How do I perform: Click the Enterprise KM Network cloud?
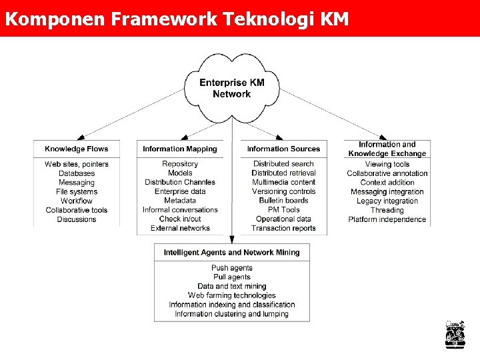(231, 88)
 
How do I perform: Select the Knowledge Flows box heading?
(76, 149)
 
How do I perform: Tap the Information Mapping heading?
(180, 149)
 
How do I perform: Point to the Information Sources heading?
(283, 149)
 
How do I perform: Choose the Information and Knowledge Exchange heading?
(387, 149)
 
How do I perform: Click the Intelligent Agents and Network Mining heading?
(231, 253)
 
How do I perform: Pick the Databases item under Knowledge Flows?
(77, 173)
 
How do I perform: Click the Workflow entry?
(77, 201)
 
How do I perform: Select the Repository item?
(180, 164)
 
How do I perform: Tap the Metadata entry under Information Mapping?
(180, 201)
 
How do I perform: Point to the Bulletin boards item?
(283, 201)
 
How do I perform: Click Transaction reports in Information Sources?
(283, 228)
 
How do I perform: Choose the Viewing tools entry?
(387, 164)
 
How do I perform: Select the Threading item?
(387, 210)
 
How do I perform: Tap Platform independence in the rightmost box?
(387, 219)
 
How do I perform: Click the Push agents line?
(232, 268)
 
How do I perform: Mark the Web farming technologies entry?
(232, 295)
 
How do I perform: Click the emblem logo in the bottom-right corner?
(455, 335)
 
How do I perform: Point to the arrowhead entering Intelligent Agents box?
(232, 239)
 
